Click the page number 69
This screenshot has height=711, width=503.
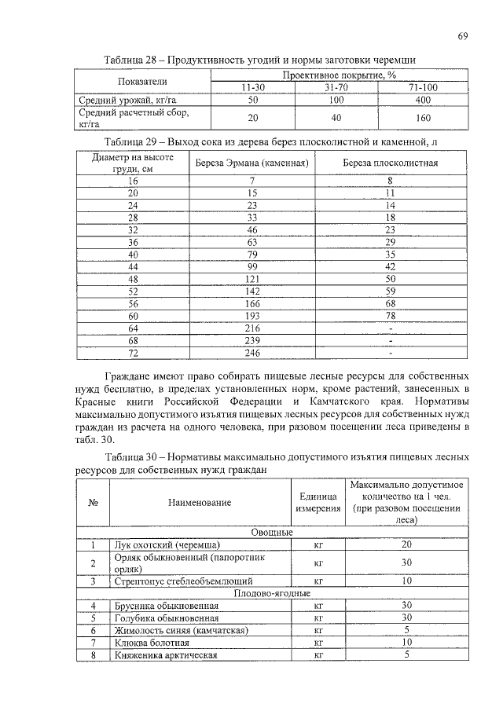point(464,37)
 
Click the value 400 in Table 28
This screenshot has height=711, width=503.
point(422,101)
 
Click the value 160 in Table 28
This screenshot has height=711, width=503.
point(422,118)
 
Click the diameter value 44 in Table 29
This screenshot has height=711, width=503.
point(132,266)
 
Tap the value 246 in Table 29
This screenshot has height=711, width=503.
point(251,354)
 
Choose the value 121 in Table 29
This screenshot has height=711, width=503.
point(251,279)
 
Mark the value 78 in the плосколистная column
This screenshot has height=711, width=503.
point(391,316)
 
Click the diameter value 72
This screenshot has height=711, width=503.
point(132,354)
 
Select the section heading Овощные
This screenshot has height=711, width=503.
point(272,532)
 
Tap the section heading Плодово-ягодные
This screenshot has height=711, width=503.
point(272,593)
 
